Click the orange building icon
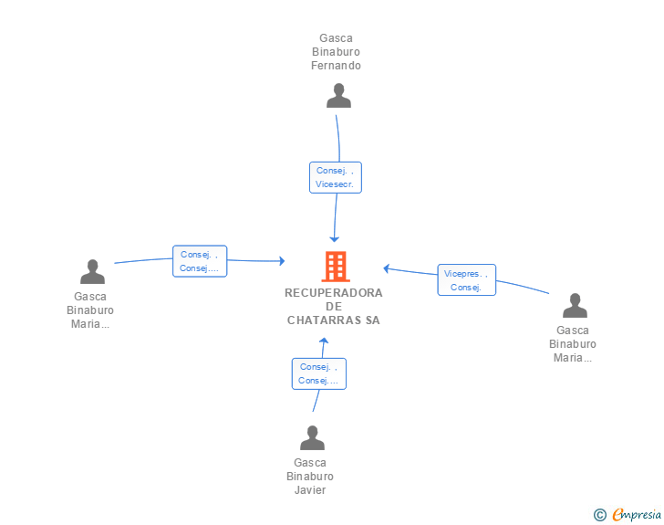pos(336,267)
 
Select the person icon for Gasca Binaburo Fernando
pos(338,96)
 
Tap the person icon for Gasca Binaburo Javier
pos(312,437)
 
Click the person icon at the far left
pos(92,271)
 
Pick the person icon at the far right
pos(575,305)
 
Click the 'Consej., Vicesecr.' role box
pos(336,177)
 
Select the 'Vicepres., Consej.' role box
pos(466,280)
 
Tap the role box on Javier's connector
pos(319,373)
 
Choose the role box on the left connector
pos(200,261)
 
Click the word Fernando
pos(336,66)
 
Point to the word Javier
pos(310,489)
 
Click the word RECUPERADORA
pos(334,292)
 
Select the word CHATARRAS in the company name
pos(324,320)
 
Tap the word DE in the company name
pos(334,306)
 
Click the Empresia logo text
pos(637,514)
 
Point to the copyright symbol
pos(599,515)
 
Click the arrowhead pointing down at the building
pos(334,239)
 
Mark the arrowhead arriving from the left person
pos(282,261)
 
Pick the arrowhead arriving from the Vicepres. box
pos(386,268)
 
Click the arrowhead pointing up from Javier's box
pos(324,340)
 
